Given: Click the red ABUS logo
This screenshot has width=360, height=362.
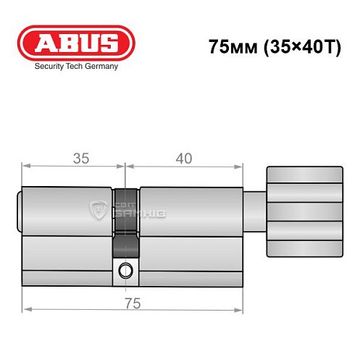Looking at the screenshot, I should click(76, 43).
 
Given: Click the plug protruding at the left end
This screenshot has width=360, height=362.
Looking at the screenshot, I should click(20, 212).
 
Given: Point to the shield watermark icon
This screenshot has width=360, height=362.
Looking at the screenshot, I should click(97, 211).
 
